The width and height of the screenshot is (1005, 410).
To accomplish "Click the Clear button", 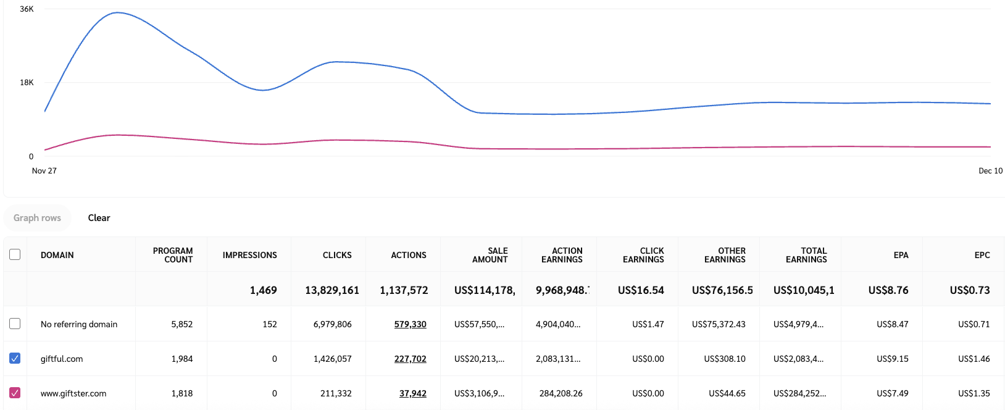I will tap(99, 218).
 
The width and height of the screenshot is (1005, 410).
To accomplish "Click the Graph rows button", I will tap(37, 218).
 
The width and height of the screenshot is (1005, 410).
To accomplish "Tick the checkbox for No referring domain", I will tap(15, 324).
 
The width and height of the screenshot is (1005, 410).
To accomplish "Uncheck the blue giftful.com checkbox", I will tap(15, 358).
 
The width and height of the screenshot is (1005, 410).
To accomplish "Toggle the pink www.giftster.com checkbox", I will tap(15, 393).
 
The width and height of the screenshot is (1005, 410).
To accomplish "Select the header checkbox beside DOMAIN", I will tap(15, 254).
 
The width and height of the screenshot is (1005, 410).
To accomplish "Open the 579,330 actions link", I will tap(410, 324).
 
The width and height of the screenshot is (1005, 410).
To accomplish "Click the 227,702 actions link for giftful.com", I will tap(410, 359).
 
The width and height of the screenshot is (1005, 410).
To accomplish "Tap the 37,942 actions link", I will tap(412, 393).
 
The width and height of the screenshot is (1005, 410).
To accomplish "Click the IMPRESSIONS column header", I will tap(249, 255).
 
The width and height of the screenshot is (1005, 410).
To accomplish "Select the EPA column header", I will tap(901, 255).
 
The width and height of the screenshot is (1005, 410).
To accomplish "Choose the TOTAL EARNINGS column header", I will tap(806, 255).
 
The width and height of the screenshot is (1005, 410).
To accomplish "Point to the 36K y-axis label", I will tap(27, 9).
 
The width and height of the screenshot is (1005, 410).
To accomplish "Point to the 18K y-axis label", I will tap(27, 83).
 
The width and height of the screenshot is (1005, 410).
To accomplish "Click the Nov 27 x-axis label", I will tap(44, 171).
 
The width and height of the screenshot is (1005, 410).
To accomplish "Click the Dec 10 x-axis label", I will tap(990, 171).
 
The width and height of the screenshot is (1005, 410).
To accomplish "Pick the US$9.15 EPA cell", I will tap(892, 359).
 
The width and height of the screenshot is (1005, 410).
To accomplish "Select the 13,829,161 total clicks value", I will tap(332, 290).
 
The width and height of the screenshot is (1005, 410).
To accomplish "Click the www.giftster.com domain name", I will tap(73, 393).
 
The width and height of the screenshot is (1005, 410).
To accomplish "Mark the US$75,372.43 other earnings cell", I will tap(719, 324).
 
